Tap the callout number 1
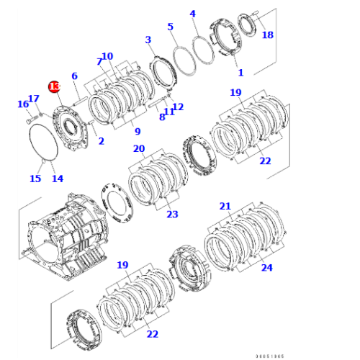click(x=240, y=73)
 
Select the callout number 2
click(x=101, y=141)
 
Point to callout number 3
click(x=148, y=40)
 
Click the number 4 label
click(x=193, y=14)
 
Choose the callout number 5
click(x=171, y=27)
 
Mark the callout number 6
click(x=74, y=76)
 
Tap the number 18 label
click(x=267, y=35)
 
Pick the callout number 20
click(x=139, y=149)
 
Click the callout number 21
click(x=225, y=207)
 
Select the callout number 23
click(x=172, y=214)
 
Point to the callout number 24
click(x=267, y=268)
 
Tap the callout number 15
click(x=35, y=179)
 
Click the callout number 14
click(x=57, y=179)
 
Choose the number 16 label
click(x=22, y=105)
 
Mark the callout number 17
click(x=33, y=99)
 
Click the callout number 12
click(x=178, y=107)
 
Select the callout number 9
click(x=136, y=131)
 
